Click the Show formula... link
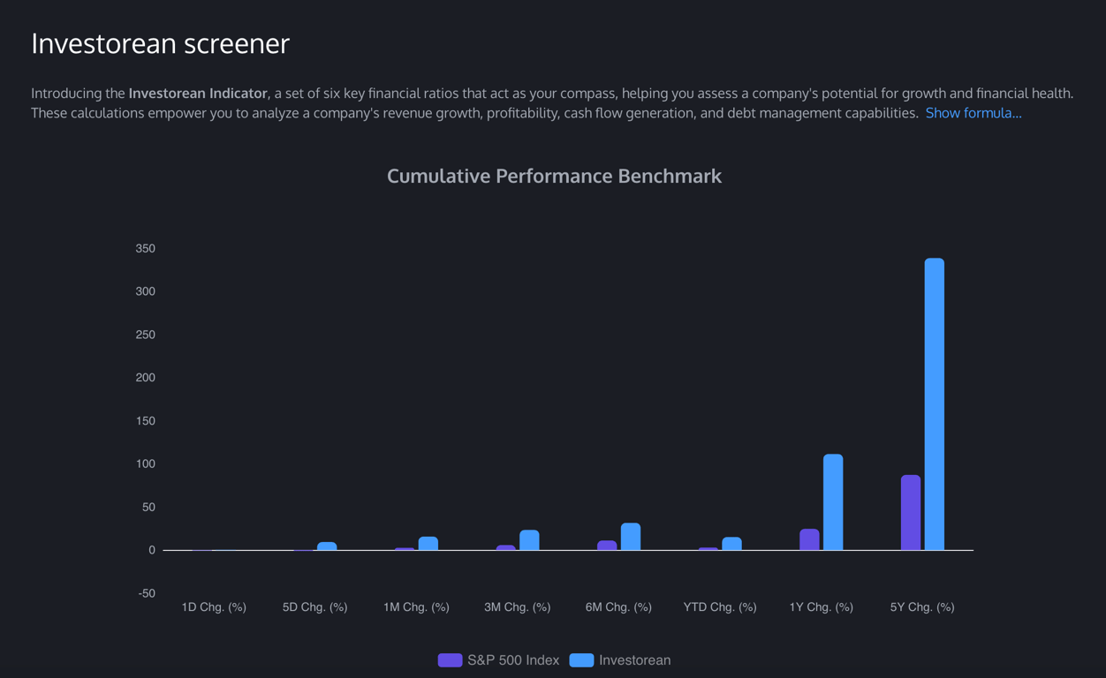tap(973, 113)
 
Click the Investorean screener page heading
tap(160, 43)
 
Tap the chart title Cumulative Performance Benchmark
tap(554, 176)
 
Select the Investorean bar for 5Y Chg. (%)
tap(934, 403)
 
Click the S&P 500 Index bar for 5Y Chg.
tap(910, 512)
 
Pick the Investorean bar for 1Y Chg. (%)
tap(832, 501)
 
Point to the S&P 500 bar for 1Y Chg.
tap(809, 539)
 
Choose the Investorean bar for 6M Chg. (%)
tap(630, 537)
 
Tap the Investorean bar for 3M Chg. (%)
tap(529, 540)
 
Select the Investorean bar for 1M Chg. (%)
tap(428, 543)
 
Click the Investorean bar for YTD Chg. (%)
tap(731, 544)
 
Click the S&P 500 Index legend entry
tap(499, 660)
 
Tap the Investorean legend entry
tap(620, 660)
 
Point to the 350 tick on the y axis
tap(145, 249)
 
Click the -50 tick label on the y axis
tap(146, 593)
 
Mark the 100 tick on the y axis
tap(145, 464)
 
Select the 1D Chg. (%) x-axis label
tap(214, 607)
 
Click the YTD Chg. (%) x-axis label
tap(720, 607)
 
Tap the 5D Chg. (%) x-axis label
tap(314, 607)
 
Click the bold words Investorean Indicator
tap(198, 94)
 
